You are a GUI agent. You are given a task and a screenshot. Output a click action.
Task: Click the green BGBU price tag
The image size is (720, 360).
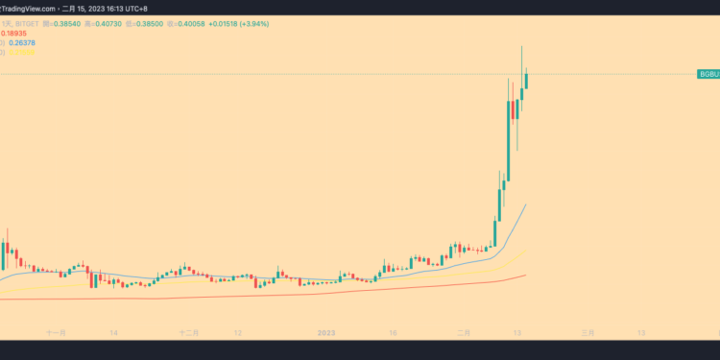[708, 74]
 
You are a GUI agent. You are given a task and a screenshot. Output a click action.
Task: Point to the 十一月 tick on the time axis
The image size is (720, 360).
[57, 333]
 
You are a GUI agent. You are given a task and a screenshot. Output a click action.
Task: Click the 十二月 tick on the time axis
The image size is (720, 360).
[189, 333]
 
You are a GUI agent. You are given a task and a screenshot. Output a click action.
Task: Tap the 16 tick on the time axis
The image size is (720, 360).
[393, 333]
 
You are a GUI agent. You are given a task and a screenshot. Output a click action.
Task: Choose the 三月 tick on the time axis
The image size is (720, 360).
[588, 333]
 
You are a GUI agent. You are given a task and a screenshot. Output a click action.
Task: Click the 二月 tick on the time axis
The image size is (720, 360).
[465, 333]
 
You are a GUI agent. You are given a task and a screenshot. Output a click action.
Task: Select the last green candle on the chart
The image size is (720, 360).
[527, 79]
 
